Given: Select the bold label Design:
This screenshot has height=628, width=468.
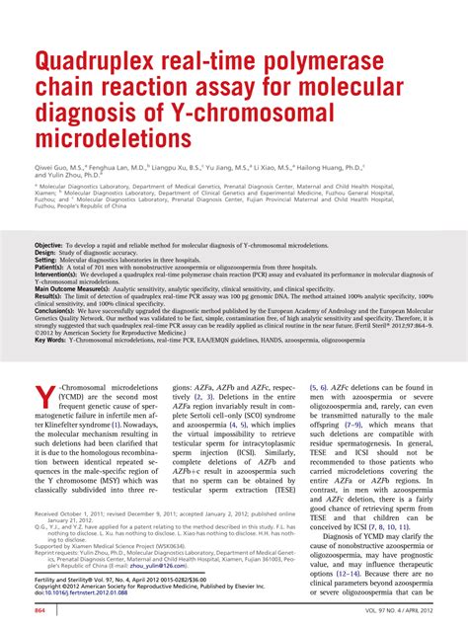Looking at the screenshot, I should (45, 252).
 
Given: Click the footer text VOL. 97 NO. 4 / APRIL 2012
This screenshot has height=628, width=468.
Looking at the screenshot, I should (389, 613).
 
